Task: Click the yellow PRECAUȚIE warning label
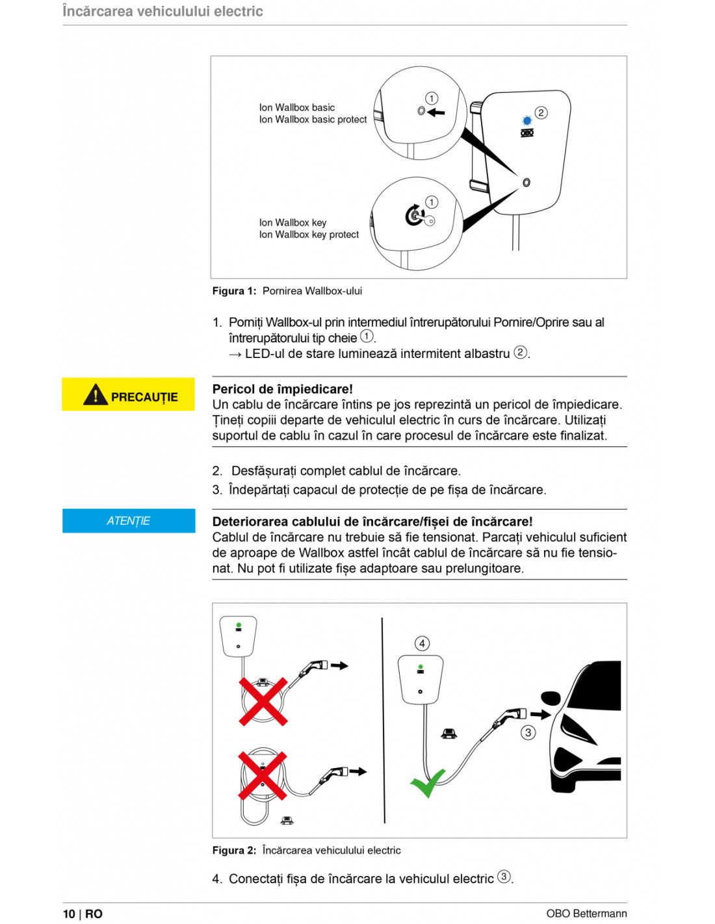128,394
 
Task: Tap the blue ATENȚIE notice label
129,520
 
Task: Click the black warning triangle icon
95,394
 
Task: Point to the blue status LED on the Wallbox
526,121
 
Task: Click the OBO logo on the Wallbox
527,133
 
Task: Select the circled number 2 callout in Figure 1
541,112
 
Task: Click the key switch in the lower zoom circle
415,215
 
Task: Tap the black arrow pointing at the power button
437,112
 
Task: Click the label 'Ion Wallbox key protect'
309,235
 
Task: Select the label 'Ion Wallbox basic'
297,108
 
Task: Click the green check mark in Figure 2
427,782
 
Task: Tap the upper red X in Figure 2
263,701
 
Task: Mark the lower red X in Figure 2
262,776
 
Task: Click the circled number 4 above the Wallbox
422,643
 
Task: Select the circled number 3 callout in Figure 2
528,732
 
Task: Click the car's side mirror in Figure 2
551,699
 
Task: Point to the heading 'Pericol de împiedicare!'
282,389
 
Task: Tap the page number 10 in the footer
69,914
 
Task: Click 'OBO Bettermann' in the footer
586,914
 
